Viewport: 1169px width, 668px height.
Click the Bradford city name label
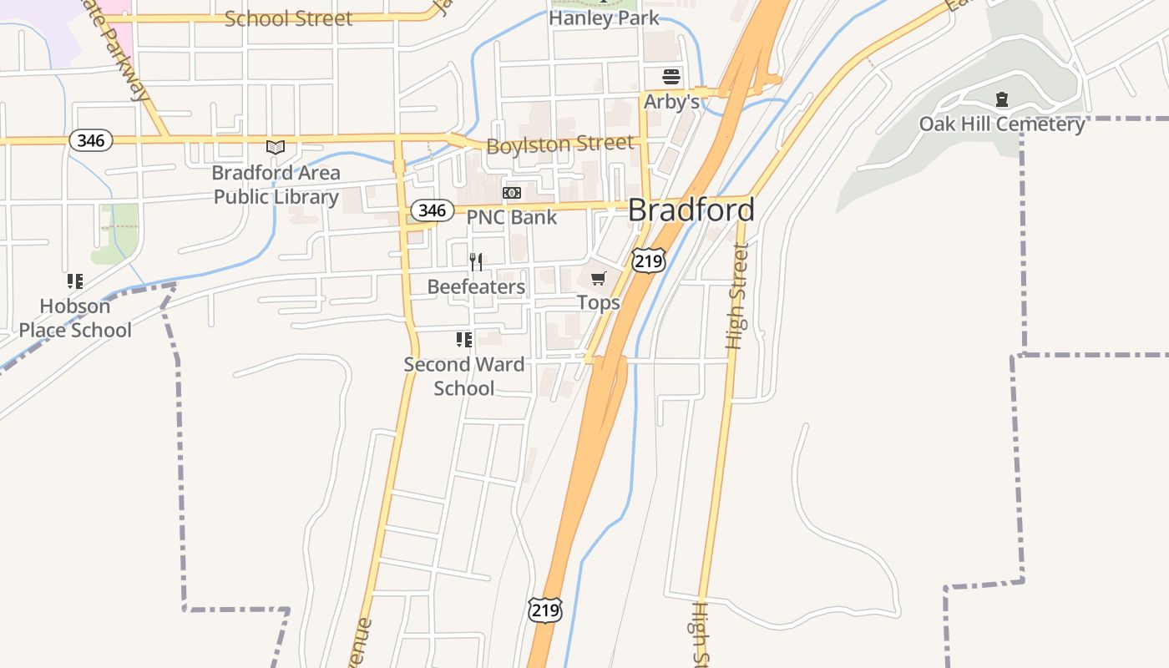pos(691,210)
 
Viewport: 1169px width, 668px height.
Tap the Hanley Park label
pos(604,18)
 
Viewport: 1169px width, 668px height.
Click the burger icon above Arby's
pos(671,78)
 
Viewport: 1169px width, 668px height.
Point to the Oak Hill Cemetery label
pos(1002,124)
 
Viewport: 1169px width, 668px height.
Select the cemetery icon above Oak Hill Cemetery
pos(1002,100)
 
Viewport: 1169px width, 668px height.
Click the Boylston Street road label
pos(559,144)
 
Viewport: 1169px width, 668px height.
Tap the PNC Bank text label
pos(511,217)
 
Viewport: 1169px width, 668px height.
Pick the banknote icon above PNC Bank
pos(512,193)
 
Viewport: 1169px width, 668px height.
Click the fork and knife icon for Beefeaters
pos(476,262)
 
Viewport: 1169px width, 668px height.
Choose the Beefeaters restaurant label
pos(476,287)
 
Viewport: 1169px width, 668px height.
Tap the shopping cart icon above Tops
pos(599,278)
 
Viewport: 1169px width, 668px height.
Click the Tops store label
pos(599,302)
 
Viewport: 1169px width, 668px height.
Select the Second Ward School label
pos(464,376)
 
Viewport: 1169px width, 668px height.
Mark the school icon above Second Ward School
pos(464,340)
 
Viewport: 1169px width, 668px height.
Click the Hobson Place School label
pos(75,318)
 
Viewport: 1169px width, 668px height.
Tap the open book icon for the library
pos(276,148)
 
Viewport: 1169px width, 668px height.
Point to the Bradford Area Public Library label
pos(276,185)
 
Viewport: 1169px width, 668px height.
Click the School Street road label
pos(288,18)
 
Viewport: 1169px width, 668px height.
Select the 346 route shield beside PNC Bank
pos(432,210)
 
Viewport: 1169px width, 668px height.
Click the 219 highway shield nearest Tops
pos(648,261)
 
